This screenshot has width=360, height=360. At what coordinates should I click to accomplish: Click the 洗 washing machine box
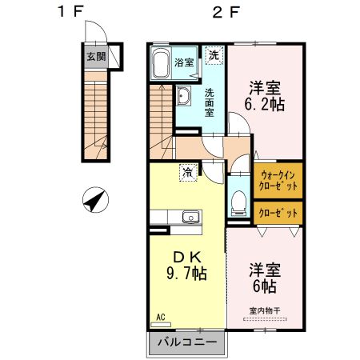pos(214,55)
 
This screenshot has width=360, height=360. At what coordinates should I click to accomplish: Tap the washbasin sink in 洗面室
pos(183,98)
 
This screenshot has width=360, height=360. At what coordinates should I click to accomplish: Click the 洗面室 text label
pos(209,102)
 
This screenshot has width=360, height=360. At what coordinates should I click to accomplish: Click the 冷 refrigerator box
pos(187,170)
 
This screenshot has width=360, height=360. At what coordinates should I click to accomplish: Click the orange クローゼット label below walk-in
pos(279,213)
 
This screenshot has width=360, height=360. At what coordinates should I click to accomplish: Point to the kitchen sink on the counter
pos(190,217)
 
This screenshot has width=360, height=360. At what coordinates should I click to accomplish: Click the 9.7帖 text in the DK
pos(187,274)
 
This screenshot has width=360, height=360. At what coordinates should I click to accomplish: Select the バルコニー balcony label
pos(186,342)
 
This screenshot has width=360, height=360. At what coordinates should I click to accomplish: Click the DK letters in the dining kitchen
pos(187,258)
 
